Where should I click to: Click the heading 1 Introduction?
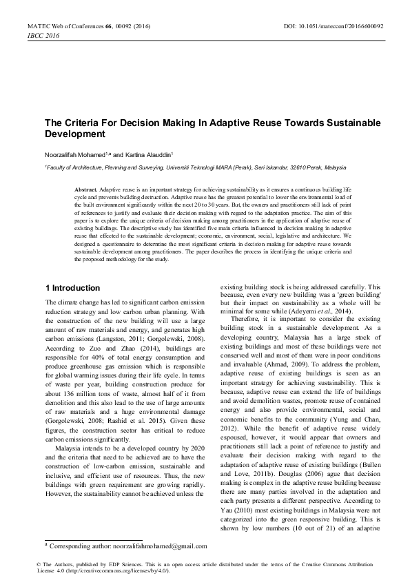coord(72,288)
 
